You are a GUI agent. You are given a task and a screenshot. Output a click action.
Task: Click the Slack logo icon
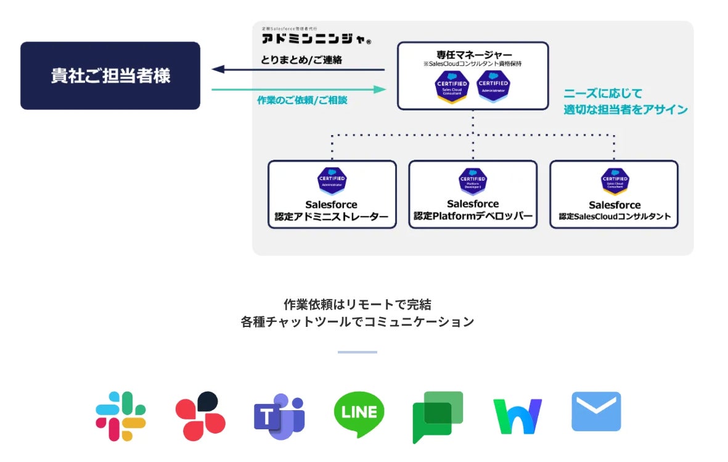click(121, 416)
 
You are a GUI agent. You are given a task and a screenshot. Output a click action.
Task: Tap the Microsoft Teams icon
click(279, 416)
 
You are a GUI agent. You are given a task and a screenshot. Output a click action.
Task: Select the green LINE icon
click(359, 415)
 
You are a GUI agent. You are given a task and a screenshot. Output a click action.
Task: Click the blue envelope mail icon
click(596, 411)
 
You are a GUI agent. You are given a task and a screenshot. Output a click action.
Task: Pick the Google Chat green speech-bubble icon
click(437, 416)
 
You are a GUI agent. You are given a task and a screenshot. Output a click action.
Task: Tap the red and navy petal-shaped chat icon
click(200, 416)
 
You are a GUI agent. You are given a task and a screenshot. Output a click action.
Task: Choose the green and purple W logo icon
click(517, 416)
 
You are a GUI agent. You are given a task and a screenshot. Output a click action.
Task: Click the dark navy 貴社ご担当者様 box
click(110, 76)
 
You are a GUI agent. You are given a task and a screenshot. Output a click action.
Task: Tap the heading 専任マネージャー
click(473, 54)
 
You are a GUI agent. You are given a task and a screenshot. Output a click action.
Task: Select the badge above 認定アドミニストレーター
click(332, 180)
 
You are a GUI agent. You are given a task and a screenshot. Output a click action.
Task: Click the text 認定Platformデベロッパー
click(473, 217)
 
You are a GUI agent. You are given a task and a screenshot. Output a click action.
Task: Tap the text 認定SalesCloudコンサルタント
click(614, 217)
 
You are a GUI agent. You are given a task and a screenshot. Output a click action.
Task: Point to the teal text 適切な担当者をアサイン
click(625, 110)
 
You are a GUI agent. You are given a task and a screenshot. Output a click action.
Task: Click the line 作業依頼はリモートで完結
click(357, 304)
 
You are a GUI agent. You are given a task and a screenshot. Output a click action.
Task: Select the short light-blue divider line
click(357, 352)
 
